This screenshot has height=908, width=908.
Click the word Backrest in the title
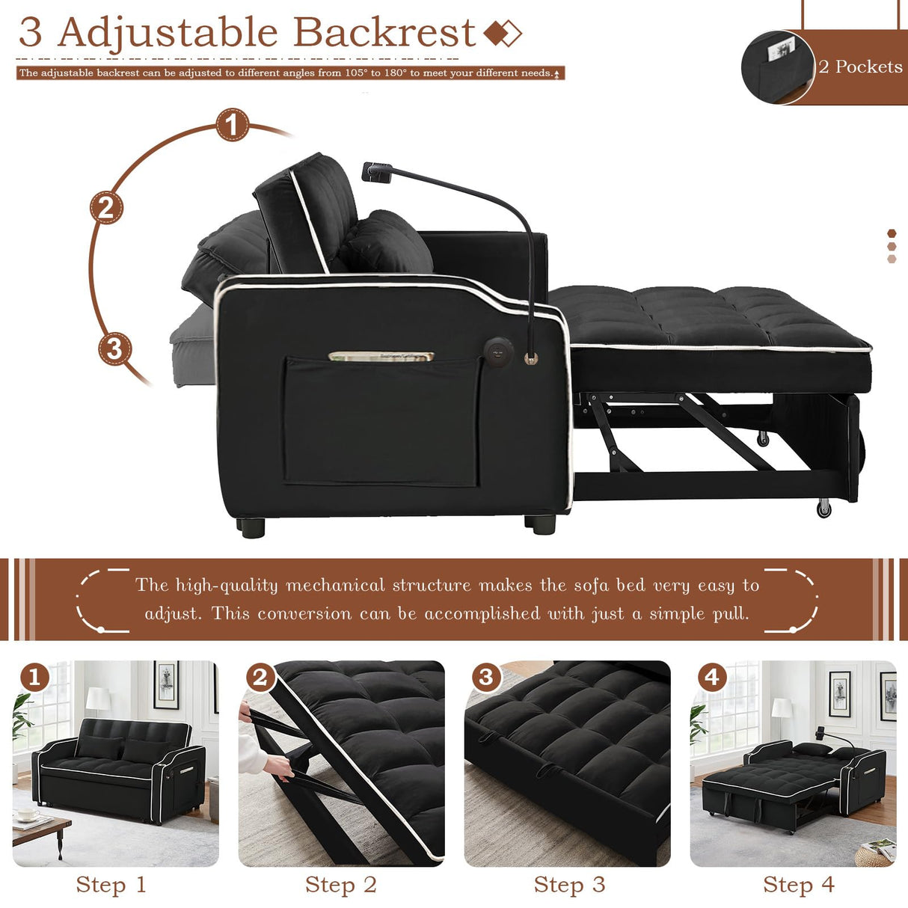pos(384,33)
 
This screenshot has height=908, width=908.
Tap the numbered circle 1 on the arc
pos(232,124)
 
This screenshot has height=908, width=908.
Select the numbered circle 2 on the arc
pos(106,207)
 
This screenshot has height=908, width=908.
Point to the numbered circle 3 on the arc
pos(114,349)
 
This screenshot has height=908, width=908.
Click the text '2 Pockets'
pos(860,67)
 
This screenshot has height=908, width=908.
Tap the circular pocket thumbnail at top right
pos(777,67)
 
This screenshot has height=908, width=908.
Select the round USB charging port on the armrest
pos(497,349)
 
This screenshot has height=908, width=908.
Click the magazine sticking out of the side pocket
pos(381,356)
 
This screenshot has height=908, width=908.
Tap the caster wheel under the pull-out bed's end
pos(823,509)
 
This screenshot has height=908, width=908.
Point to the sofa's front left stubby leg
pos(251,527)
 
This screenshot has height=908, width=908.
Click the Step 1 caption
pos(111,885)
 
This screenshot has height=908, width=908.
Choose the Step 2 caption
pos(340,885)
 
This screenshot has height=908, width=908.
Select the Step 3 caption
pos(569,885)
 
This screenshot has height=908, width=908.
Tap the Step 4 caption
pos(798,885)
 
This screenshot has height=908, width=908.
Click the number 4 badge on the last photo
pos(711,678)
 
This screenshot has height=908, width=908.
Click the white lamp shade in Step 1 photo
pos(98,699)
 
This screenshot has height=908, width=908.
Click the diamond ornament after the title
pos(502,33)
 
